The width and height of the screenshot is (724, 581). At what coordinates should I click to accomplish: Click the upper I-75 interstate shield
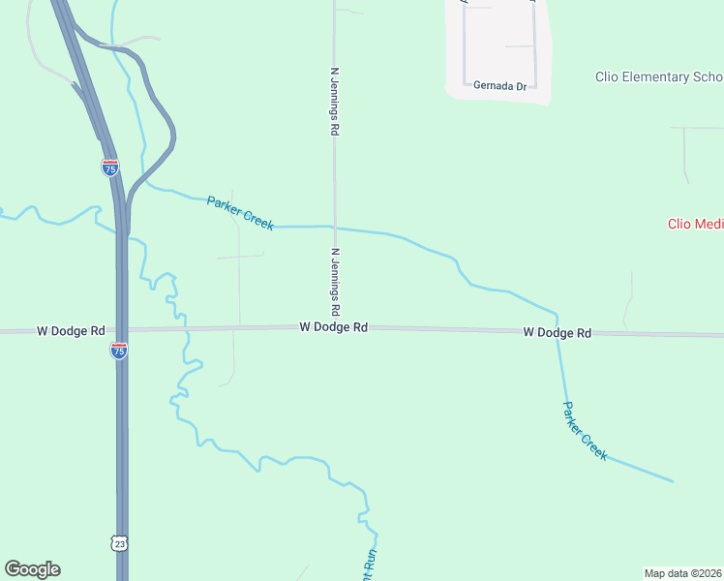(x=110, y=168)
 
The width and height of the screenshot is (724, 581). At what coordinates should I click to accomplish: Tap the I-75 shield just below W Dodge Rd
(x=119, y=352)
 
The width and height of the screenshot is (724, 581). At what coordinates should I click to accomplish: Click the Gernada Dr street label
(x=499, y=86)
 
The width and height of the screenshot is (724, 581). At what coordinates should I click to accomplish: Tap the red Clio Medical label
(x=695, y=224)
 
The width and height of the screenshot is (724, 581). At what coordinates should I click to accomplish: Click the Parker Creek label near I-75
(x=240, y=213)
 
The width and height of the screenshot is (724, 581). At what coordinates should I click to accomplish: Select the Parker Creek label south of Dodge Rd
(x=586, y=431)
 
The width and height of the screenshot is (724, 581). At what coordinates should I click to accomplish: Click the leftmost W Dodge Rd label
(x=71, y=331)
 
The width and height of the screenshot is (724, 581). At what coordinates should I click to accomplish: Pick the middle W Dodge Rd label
(x=333, y=328)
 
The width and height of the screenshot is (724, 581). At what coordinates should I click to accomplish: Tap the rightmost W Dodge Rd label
(x=557, y=333)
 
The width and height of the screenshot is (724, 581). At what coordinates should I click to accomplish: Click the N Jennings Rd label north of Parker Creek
(x=335, y=101)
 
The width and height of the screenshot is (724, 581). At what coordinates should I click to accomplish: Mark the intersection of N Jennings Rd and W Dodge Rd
(x=336, y=328)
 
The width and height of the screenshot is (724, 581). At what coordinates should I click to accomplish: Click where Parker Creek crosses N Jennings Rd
(x=335, y=228)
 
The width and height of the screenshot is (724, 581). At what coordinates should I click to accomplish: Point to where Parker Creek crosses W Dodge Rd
(x=558, y=332)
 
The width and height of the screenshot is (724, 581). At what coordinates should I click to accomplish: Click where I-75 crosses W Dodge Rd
(x=122, y=329)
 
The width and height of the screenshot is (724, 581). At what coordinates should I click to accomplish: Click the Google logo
(x=32, y=569)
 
